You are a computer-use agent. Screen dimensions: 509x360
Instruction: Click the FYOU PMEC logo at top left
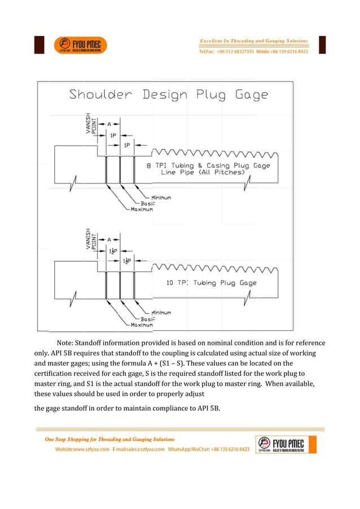(80, 45)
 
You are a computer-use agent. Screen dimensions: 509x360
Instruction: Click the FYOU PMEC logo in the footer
(286, 445)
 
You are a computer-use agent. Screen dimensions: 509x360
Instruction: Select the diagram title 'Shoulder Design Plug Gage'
(168, 95)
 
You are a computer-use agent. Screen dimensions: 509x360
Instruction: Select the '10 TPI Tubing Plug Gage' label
(211, 283)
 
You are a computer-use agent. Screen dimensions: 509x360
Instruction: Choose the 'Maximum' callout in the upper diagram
(142, 209)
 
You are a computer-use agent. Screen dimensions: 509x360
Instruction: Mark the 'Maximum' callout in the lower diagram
(142, 325)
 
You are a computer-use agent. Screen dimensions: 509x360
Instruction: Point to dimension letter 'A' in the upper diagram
(109, 123)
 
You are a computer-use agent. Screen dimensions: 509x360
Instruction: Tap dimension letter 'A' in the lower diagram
(109, 239)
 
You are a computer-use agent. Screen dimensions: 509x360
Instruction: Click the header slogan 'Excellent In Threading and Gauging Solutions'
(254, 41)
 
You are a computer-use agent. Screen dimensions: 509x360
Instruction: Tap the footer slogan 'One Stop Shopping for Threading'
(110, 439)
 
